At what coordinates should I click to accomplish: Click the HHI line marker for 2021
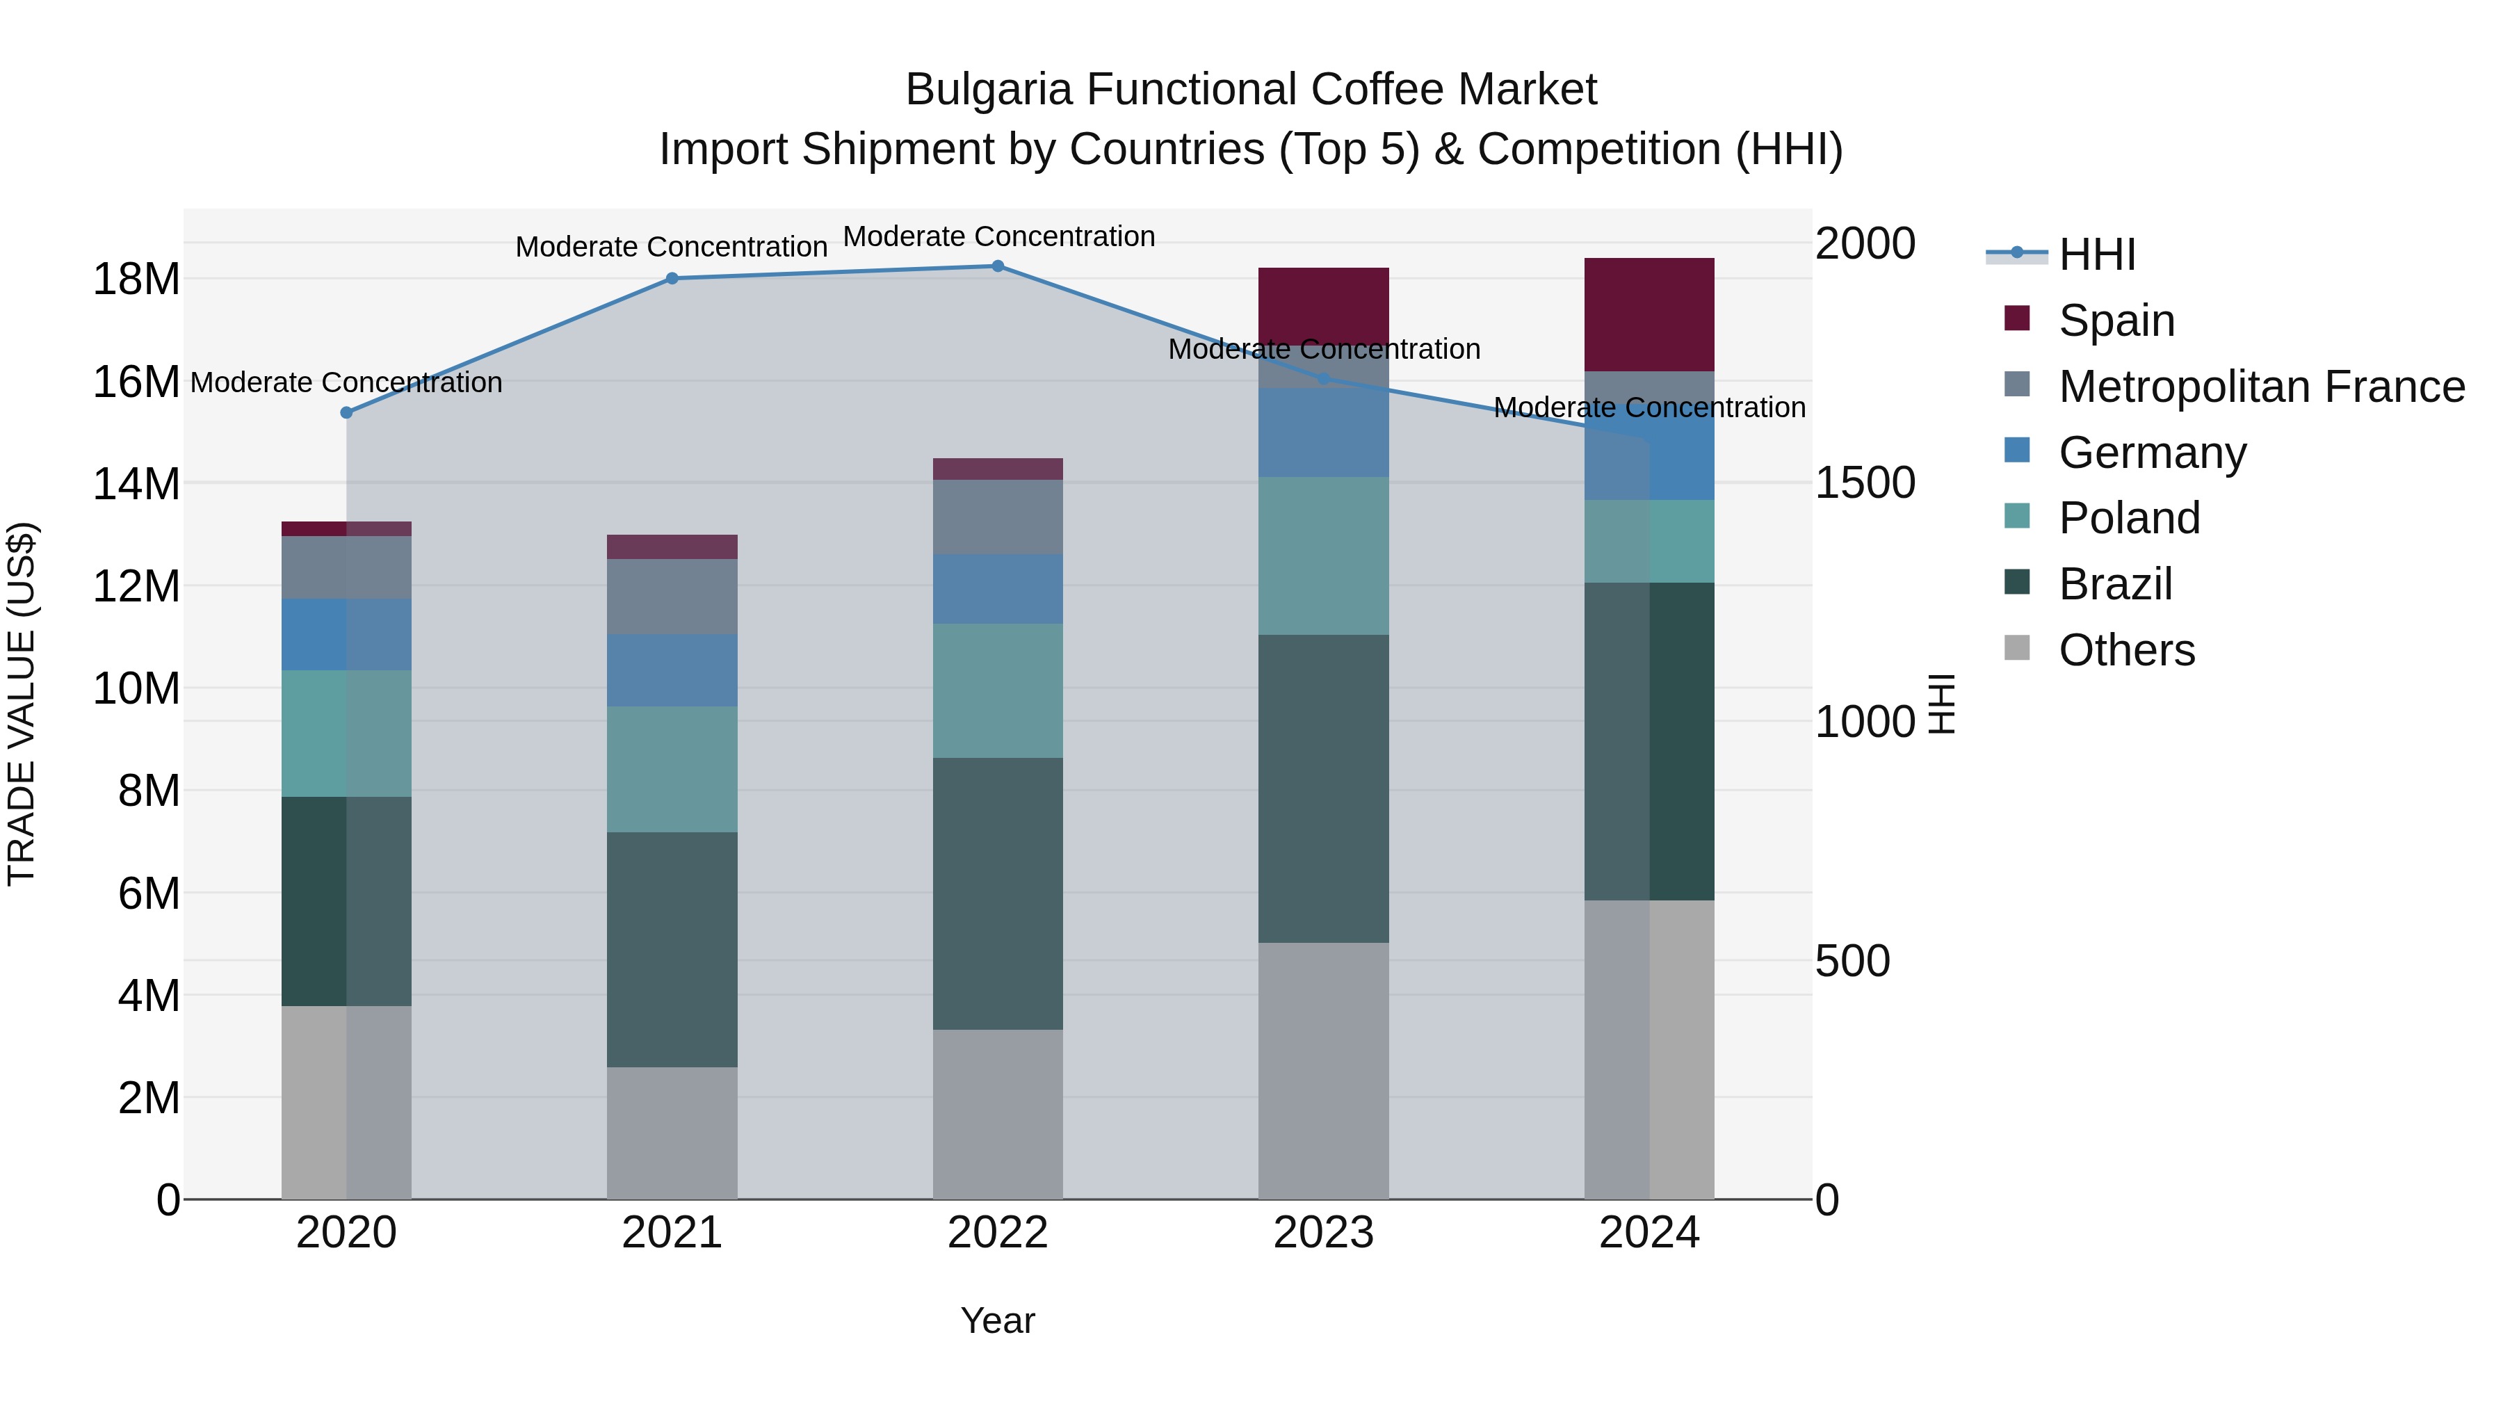(x=672, y=278)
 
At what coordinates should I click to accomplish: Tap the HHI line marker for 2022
(x=998, y=266)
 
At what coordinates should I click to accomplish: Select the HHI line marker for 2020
(x=346, y=412)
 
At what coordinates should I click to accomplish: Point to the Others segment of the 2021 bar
(x=672, y=1133)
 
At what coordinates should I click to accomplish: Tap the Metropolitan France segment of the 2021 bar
(x=672, y=596)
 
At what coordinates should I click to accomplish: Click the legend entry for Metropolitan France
(x=2261, y=387)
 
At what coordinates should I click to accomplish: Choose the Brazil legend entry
(x=2114, y=584)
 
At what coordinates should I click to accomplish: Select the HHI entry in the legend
(x=2097, y=254)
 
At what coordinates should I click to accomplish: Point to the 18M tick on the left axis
(x=136, y=279)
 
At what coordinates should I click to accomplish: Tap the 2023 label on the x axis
(x=1323, y=1233)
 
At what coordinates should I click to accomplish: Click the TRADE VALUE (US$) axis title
(x=22, y=704)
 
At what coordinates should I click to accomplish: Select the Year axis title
(x=998, y=1320)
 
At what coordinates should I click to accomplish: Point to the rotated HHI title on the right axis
(x=1941, y=704)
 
